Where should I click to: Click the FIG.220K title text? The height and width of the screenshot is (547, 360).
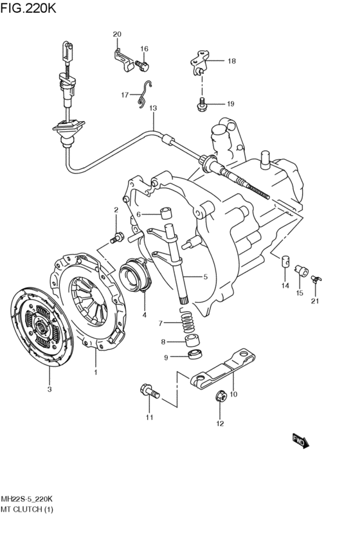click(28, 8)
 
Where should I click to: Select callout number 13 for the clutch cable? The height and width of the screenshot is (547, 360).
click(153, 108)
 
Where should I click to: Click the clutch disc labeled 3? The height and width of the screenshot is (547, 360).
click(42, 327)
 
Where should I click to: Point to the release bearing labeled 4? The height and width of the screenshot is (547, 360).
click(136, 274)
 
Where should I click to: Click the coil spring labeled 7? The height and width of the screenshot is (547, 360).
click(188, 320)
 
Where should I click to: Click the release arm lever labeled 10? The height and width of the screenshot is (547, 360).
click(223, 369)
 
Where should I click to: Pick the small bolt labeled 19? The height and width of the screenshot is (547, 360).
click(201, 104)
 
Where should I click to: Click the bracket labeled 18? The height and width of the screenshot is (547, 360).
click(199, 62)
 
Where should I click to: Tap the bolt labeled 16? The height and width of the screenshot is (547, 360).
click(142, 66)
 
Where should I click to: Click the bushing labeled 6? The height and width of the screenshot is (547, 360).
click(166, 213)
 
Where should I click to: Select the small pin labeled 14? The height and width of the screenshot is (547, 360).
click(285, 261)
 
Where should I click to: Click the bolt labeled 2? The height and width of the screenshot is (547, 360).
click(117, 238)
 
